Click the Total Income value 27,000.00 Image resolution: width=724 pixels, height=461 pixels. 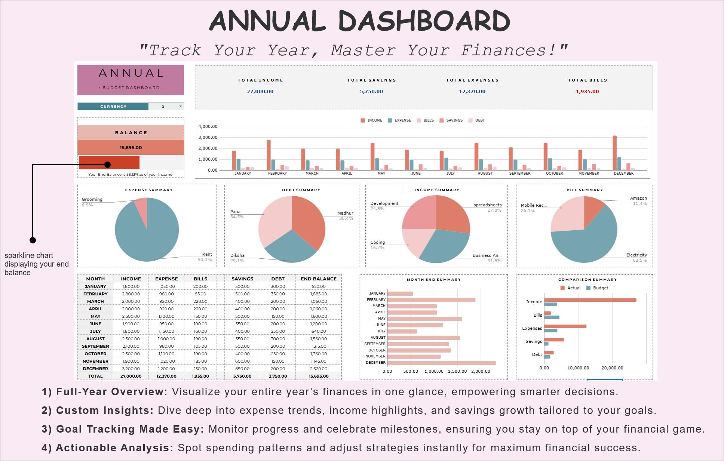pos(260,92)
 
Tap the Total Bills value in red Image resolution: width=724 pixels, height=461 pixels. pos(587,92)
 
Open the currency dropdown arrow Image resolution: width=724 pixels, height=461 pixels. pos(180,107)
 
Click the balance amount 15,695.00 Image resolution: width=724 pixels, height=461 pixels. pos(131,148)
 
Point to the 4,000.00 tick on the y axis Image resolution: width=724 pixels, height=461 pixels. pos(208,127)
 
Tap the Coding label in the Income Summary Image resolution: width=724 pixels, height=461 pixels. pos(377,242)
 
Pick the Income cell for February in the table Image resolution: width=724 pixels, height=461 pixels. pos(131,294)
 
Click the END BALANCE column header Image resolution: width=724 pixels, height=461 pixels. pos(318,279)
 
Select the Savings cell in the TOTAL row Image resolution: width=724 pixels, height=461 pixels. pos(242,376)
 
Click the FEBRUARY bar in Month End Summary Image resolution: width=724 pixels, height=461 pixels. pos(430,300)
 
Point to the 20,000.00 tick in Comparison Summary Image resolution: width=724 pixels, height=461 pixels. pos(612,368)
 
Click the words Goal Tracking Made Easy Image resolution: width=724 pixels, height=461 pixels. pos(130,429)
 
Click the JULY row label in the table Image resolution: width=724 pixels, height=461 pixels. pos(95,331)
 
